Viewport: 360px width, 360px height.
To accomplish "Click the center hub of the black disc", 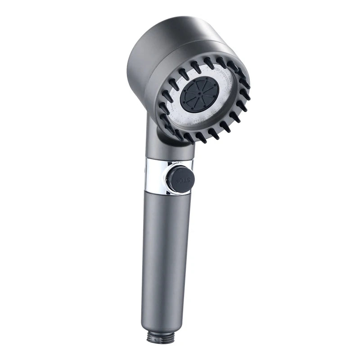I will point(199,94).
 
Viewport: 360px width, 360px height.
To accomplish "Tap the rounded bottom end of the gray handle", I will point(155,324).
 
